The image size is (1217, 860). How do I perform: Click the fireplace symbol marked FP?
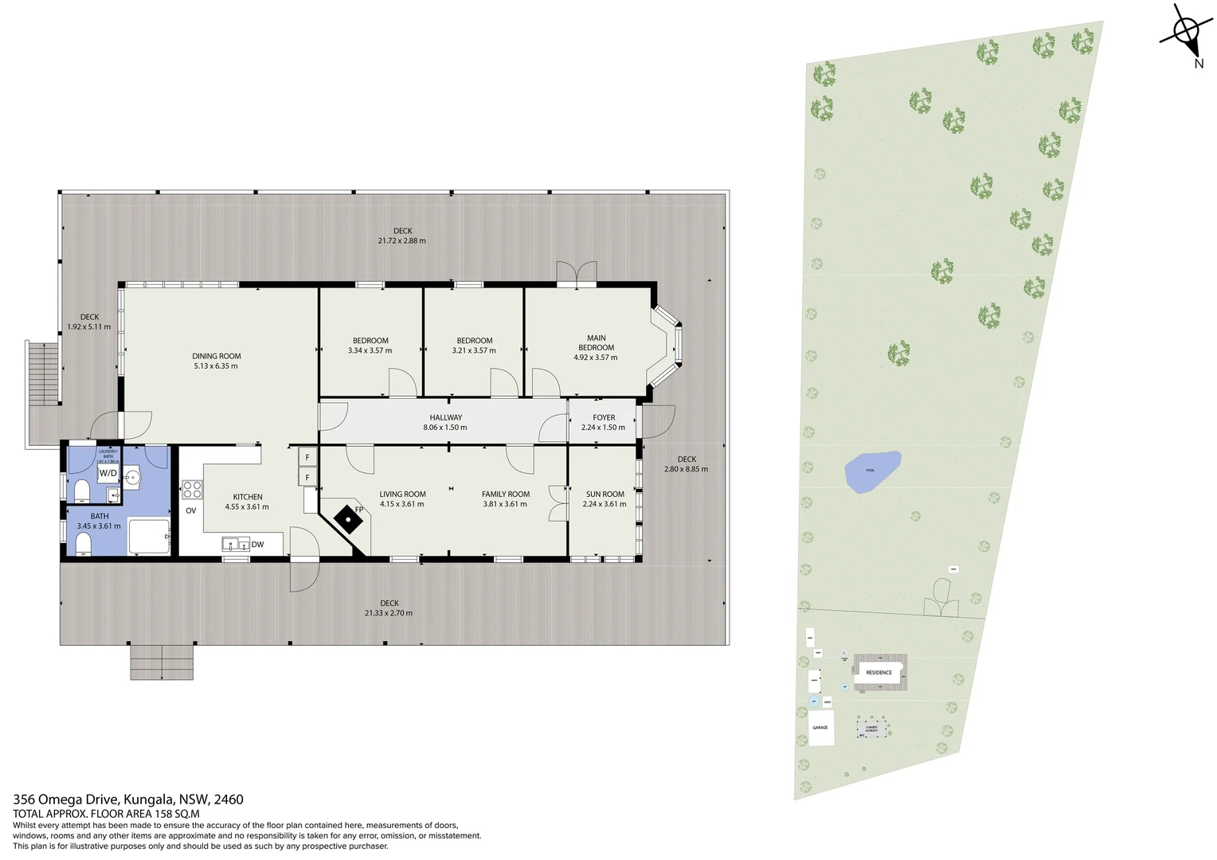pos(348,519)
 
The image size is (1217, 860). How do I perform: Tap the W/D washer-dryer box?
pos(108,473)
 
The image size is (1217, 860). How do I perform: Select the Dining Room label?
pos(216,357)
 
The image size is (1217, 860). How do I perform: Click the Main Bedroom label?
pos(596,343)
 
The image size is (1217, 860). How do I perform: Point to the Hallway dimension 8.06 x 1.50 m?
pos(445,428)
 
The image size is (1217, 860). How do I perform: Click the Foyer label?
pos(604,417)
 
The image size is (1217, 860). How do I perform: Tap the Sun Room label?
pos(605,494)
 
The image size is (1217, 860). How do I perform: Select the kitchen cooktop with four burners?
pos(192,489)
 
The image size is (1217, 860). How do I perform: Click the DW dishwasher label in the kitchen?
pos(257,545)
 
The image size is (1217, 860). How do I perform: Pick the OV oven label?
pos(191,510)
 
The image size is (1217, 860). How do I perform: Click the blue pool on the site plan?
pos(872,471)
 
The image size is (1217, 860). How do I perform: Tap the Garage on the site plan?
pos(820,728)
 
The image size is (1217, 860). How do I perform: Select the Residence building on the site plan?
pos(879,673)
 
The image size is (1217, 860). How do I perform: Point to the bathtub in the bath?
pos(149,537)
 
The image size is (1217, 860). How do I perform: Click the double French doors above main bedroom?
pos(577,273)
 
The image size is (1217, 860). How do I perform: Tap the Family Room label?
pos(505,494)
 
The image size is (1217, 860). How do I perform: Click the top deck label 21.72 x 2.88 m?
pos(402,240)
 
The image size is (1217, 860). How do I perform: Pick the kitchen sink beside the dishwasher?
pos(236,545)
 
